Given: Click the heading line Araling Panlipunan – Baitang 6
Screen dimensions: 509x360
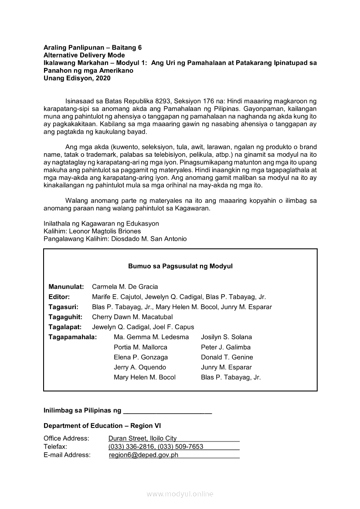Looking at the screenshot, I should (92, 47).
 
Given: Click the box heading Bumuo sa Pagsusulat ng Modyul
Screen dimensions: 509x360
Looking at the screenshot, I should (180, 266).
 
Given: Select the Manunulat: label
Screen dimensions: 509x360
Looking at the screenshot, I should (66, 287).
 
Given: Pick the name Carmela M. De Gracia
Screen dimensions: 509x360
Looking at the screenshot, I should (125, 287).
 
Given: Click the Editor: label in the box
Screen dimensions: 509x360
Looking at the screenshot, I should (59, 297).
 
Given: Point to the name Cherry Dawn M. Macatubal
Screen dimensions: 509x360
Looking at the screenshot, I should (132, 317).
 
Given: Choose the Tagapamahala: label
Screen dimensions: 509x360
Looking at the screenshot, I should (73, 337).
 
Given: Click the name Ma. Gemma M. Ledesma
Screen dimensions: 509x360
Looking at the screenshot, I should (151, 337).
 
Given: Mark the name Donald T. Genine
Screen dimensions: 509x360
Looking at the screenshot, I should (227, 357).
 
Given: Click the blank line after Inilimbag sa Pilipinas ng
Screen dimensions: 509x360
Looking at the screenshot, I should (168, 411).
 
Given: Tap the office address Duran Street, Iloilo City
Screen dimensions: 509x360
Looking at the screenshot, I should (143, 438).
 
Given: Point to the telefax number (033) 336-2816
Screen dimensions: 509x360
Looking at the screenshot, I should (131, 447).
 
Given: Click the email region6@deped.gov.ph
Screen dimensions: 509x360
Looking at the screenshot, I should (143, 455).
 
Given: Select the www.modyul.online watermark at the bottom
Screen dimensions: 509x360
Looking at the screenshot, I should (180, 494).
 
